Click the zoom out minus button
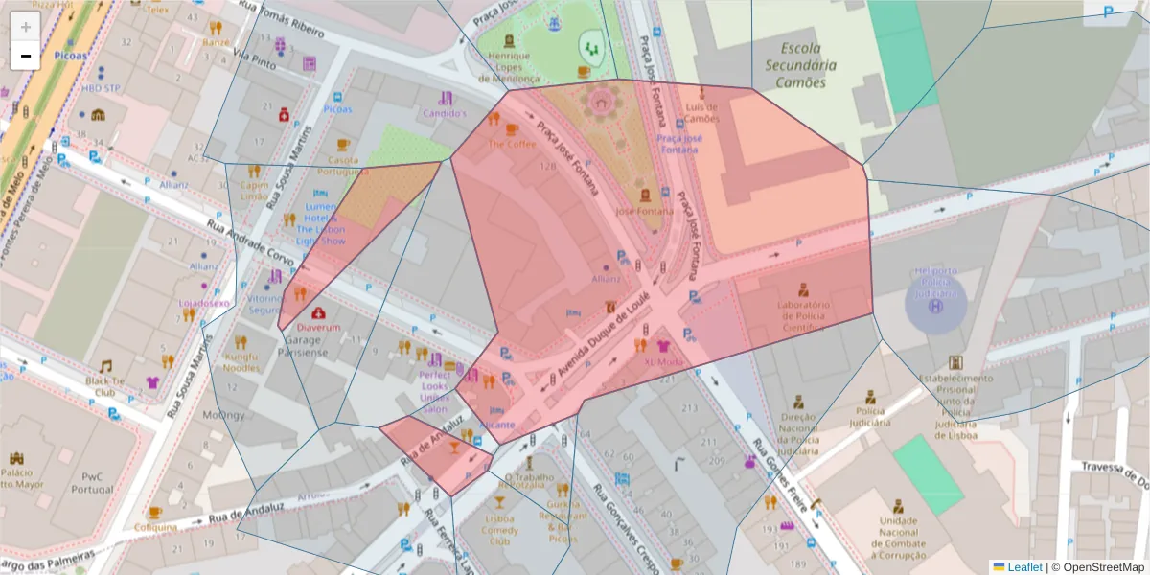coord(25,56)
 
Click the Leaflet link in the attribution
coord(1023,567)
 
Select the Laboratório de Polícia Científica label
coord(803,316)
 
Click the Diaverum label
coord(318,327)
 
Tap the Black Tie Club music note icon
coord(105,366)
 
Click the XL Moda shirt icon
coord(663,346)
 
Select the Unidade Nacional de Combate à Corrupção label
coord(898,538)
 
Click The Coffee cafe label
coord(513,144)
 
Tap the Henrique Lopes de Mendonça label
coord(509,68)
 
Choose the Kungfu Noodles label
coord(241,362)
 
